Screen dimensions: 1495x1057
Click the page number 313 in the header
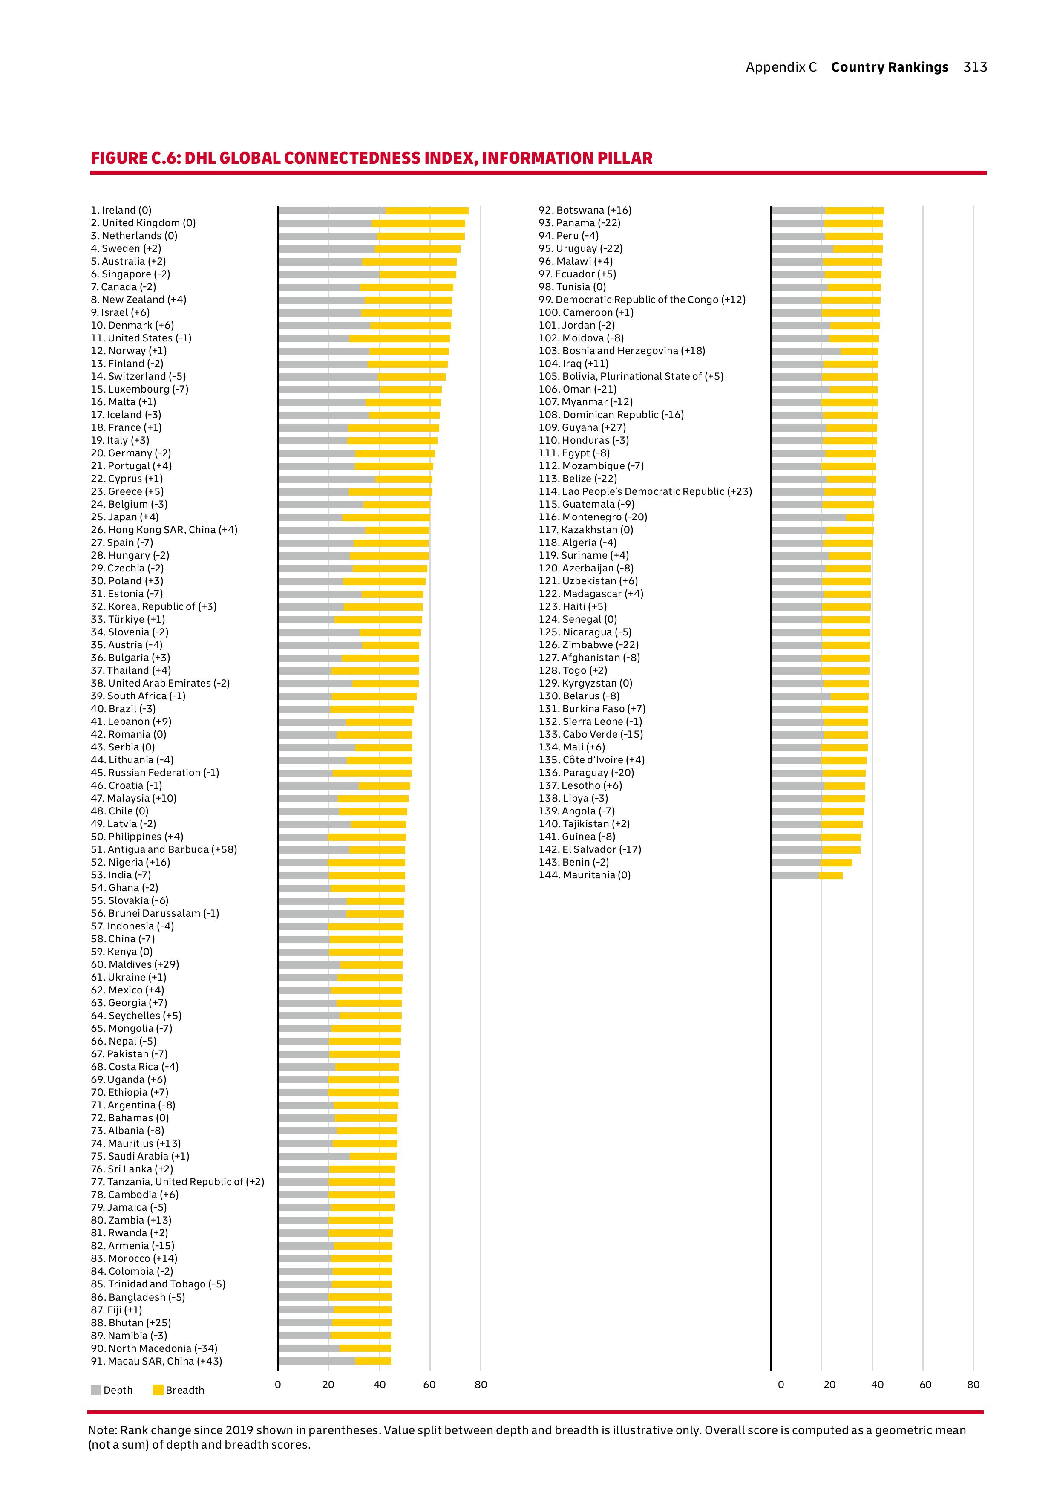pyautogui.click(x=975, y=67)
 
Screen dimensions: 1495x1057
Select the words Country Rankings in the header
pyautogui.click(x=889, y=67)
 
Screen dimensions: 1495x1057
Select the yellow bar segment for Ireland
pyautogui.click(x=426, y=211)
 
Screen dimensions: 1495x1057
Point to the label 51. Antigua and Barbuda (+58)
pyautogui.click(x=163, y=849)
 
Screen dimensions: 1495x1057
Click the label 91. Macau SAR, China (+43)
pyautogui.click(x=156, y=1361)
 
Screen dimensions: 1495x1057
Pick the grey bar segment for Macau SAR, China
pyautogui.click(x=316, y=1361)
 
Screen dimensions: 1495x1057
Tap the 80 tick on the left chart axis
pyautogui.click(x=480, y=1384)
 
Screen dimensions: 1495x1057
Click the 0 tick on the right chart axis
pyautogui.click(x=781, y=1384)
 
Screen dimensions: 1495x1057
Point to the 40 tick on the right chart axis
pyautogui.click(x=877, y=1384)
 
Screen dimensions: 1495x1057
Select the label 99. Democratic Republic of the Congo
pyautogui.click(x=642, y=300)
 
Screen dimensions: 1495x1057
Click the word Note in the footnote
pyautogui.click(x=101, y=1430)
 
